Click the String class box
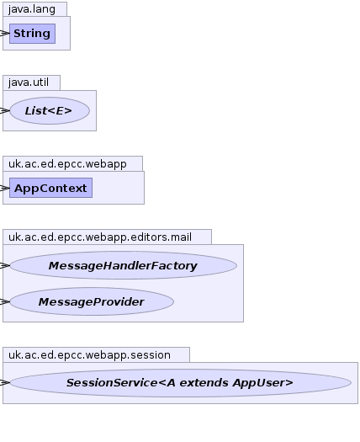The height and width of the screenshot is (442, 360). click(x=33, y=34)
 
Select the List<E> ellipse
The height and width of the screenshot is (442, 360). click(x=50, y=111)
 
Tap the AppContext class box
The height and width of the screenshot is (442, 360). click(x=50, y=188)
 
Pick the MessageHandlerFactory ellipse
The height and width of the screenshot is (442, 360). click(x=123, y=265)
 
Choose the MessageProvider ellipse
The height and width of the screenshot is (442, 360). click(x=92, y=301)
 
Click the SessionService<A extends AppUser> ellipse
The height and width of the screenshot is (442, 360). click(x=180, y=382)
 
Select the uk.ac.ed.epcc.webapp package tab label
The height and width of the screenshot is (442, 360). click(x=67, y=164)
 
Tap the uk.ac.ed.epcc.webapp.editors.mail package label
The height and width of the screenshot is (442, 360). click(x=100, y=237)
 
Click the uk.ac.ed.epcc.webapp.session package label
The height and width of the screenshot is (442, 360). click(x=89, y=355)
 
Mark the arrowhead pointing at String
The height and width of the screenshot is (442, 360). click(x=5, y=34)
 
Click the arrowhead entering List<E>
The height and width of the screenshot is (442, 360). click(x=5, y=111)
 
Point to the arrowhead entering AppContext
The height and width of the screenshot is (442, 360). click(x=5, y=188)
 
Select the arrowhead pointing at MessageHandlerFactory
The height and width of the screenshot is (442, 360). click(x=5, y=265)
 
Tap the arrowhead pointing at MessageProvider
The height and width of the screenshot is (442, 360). click(x=5, y=301)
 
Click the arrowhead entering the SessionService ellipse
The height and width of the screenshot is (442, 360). click(x=5, y=382)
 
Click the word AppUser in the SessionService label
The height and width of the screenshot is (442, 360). click(x=262, y=383)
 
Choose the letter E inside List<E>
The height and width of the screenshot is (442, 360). click(x=60, y=111)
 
